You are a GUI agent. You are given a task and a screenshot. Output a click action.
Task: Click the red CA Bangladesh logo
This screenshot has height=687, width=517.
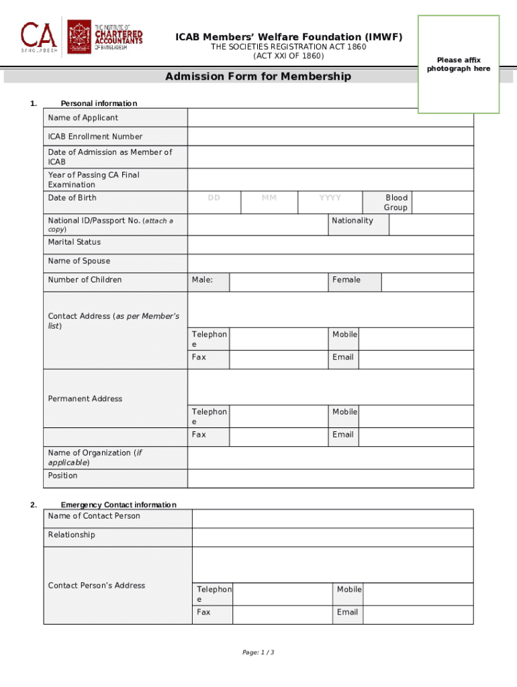pyautogui.click(x=40, y=37)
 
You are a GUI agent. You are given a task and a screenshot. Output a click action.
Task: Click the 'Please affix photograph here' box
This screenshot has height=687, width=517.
pyautogui.click(x=459, y=64)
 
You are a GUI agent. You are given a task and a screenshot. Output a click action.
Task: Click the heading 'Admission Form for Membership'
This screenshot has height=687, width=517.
pyautogui.click(x=258, y=76)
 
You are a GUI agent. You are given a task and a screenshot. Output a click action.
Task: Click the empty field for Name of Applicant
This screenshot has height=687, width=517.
pyautogui.click(x=330, y=118)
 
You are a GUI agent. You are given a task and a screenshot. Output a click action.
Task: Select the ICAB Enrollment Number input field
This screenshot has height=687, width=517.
pyautogui.click(x=330, y=137)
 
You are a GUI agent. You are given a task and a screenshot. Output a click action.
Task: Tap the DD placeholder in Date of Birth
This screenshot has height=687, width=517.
pyautogui.click(x=214, y=198)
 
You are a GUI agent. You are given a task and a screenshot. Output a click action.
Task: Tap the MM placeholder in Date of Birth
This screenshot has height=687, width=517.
pyautogui.click(x=269, y=198)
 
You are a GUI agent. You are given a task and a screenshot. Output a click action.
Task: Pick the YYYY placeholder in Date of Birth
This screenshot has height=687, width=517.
pyautogui.click(x=330, y=198)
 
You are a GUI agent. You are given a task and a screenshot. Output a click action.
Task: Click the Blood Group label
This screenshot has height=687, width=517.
pyautogui.click(x=395, y=203)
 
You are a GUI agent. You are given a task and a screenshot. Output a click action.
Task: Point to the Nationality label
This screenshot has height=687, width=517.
pyautogui.click(x=352, y=221)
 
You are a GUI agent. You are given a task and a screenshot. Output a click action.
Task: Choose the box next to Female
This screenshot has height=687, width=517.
pyautogui.click(x=427, y=282)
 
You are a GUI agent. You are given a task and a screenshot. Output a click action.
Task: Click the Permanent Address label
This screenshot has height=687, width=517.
pyautogui.click(x=85, y=399)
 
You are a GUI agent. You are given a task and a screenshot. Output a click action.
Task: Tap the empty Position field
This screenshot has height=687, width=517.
pyautogui.click(x=330, y=478)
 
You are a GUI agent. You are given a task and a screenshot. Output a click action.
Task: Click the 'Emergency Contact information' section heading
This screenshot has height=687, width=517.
pyautogui.click(x=118, y=505)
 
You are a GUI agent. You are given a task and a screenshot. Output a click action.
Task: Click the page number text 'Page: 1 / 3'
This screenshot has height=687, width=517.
pyautogui.click(x=258, y=653)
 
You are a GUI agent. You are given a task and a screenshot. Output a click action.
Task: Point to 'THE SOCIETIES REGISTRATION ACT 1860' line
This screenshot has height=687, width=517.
pyautogui.click(x=289, y=47)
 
